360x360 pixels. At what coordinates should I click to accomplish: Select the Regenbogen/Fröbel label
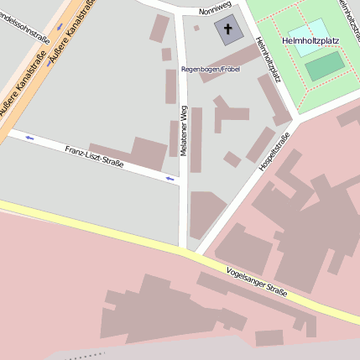pos(210,69)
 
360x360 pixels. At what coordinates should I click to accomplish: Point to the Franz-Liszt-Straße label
pos(94,156)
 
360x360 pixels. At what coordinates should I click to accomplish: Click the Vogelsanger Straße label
pos(257,282)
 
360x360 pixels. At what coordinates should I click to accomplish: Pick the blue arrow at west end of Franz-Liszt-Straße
pos(29,137)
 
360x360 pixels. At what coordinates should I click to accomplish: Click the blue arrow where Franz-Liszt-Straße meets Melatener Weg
pos(171,178)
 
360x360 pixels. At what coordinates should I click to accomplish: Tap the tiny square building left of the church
pos(196,28)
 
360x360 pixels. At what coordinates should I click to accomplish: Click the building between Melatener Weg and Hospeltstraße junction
pos(205,213)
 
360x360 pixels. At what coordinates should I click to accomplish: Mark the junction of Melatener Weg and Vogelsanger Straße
pos(183,249)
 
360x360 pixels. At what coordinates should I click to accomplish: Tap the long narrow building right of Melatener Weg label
pos(196,139)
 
